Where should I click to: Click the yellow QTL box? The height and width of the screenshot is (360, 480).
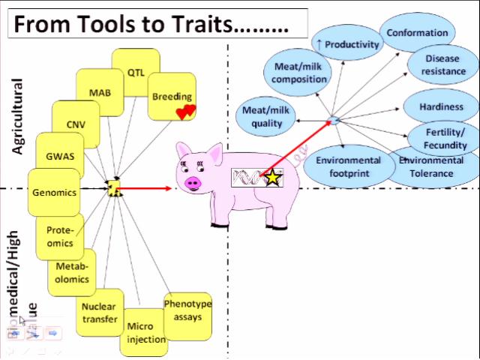coord(136,72)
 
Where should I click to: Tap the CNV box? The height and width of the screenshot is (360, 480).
coord(76,123)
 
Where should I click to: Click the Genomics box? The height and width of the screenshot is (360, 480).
coord(54,192)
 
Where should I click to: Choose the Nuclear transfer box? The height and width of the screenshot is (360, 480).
coord(99,313)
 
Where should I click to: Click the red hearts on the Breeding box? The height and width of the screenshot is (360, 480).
coord(185,112)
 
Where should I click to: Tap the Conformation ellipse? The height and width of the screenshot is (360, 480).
coord(418,33)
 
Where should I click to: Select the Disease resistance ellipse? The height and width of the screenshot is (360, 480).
coord(442,65)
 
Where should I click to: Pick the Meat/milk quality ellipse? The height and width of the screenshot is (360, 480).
coord(262,118)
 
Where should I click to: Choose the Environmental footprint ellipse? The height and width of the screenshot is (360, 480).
coord(348,166)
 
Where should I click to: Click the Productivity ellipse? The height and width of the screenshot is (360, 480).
coord(347,44)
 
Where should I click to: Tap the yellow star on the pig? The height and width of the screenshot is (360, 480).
coord(273,178)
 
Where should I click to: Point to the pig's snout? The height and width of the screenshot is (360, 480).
coord(194,182)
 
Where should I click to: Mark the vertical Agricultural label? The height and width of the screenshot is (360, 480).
coord(17,116)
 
